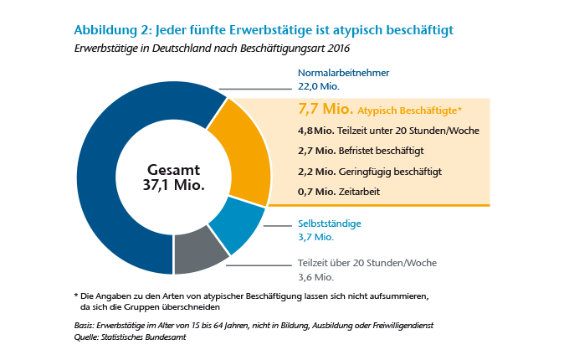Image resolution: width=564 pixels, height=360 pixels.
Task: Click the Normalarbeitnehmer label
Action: coord(344,73)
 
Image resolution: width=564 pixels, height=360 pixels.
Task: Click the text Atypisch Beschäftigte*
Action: coord(409,111)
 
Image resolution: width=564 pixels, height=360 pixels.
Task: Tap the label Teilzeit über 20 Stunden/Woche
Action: coord(367,263)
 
